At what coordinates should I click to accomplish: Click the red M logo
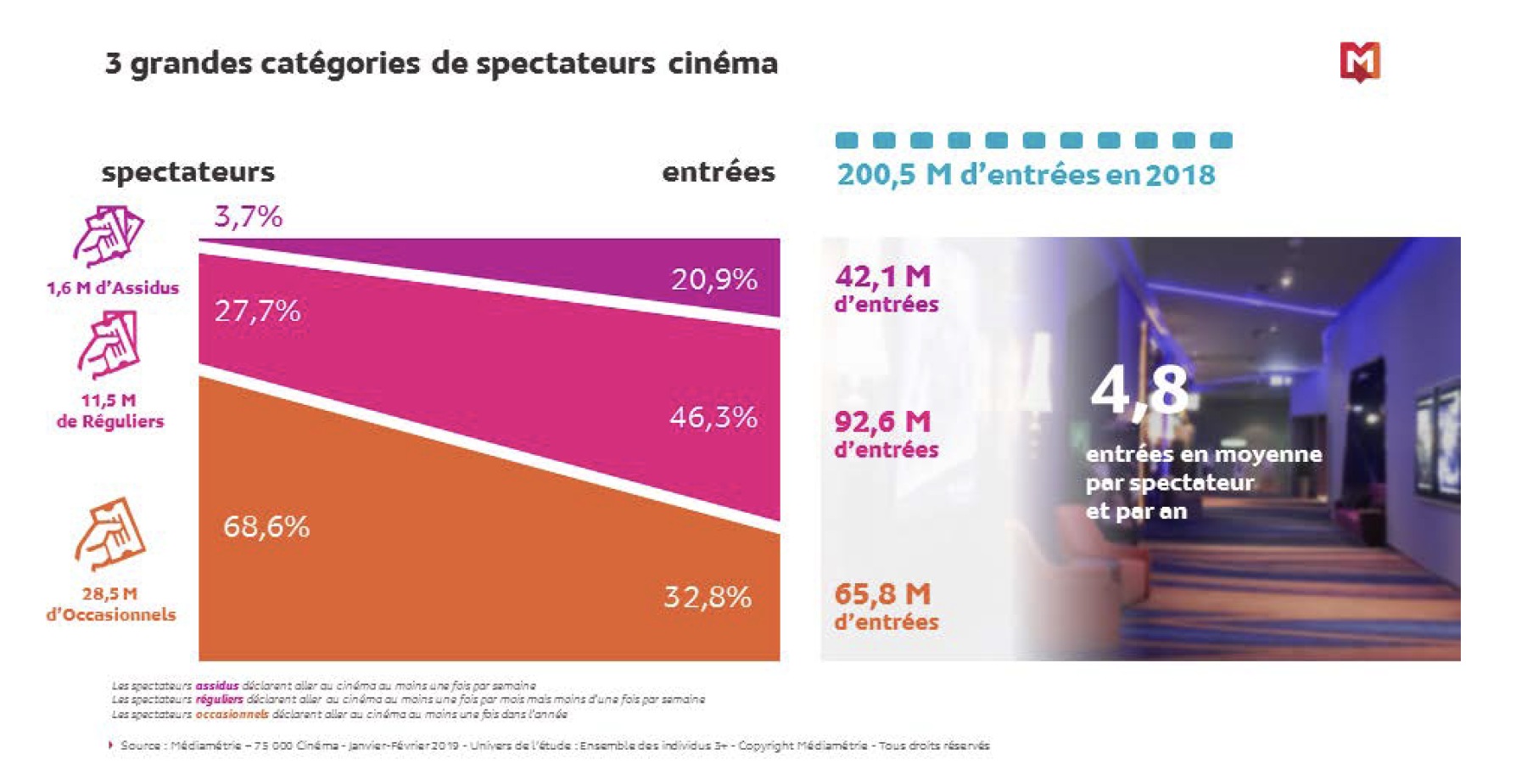click(1360, 62)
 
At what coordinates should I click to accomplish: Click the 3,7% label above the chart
click(248, 216)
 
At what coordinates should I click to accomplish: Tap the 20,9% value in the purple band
click(714, 279)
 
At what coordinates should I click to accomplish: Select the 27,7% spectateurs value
click(257, 311)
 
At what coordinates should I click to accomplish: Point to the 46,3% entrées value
click(713, 417)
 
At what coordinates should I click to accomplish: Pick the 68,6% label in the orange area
click(266, 526)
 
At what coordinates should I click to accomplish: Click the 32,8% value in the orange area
click(708, 597)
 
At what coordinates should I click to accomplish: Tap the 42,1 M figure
click(883, 276)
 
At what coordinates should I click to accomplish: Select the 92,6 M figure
click(883, 421)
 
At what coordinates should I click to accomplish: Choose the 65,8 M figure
click(883, 593)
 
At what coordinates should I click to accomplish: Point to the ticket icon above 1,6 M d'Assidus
click(109, 235)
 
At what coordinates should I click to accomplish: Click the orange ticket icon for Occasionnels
click(110, 533)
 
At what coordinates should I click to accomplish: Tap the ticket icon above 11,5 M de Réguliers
click(109, 344)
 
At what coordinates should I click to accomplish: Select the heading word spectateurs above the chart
click(188, 172)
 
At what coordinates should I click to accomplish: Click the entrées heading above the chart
click(719, 172)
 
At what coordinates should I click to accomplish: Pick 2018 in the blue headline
click(1180, 175)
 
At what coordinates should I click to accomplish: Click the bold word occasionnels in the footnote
click(232, 715)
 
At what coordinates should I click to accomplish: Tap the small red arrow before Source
click(110, 745)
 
